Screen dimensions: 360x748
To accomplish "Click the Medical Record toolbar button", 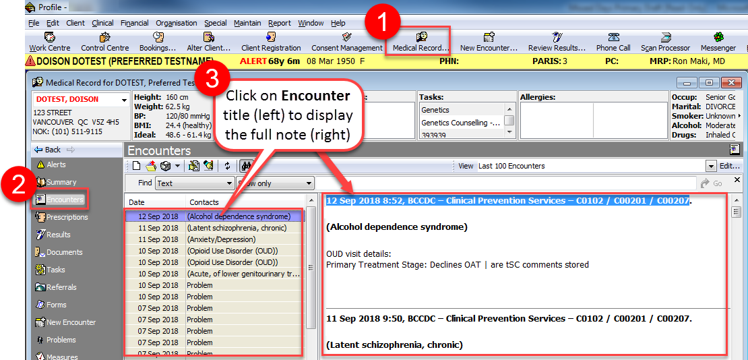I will (x=420, y=42).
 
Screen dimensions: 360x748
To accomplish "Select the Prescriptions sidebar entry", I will (x=67, y=217).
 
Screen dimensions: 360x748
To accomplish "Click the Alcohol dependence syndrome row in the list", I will (x=239, y=216).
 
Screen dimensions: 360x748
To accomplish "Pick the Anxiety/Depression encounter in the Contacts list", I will (x=221, y=239).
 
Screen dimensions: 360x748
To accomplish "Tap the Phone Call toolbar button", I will (x=613, y=42).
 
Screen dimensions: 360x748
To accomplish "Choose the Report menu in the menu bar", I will (x=279, y=23).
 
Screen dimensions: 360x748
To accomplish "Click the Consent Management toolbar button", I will (x=346, y=42).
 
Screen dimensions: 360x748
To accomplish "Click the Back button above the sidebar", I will (x=53, y=150).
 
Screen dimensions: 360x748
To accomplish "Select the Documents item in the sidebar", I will (x=64, y=252).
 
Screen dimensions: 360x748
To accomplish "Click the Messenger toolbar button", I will (x=718, y=42).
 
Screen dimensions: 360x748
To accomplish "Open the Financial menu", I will (x=135, y=23).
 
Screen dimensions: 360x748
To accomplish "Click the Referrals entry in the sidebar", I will (x=61, y=287).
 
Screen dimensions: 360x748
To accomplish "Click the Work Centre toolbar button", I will (x=50, y=42).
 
